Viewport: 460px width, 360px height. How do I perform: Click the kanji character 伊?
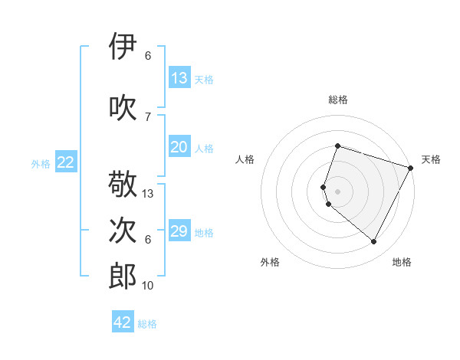click(123, 47)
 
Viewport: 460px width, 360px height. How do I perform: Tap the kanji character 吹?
click(123, 107)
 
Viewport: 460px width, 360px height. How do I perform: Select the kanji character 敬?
click(123, 185)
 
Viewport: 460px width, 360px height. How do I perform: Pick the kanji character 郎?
click(123, 277)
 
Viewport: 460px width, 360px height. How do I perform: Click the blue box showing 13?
click(179, 78)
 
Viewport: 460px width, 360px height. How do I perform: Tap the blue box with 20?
click(179, 148)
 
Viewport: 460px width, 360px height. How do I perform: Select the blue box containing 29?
click(179, 232)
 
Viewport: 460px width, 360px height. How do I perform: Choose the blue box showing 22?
click(66, 162)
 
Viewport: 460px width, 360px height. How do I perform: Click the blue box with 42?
click(123, 322)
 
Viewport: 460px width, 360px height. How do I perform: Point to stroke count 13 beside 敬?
click(148, 194)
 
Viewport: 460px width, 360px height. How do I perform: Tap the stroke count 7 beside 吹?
click(148, 116)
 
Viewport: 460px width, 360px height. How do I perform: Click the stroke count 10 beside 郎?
click(148, 286)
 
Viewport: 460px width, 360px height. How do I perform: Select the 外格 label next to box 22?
click(41, 163)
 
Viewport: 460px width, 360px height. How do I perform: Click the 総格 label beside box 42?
click(148, 324)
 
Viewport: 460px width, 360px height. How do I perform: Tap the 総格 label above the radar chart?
click(338, 100)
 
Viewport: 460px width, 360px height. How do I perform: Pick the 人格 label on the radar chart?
click(245, 159)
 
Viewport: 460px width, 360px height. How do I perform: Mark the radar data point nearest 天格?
click(411, 168)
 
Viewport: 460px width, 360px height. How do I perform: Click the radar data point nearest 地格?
click(374, 242)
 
